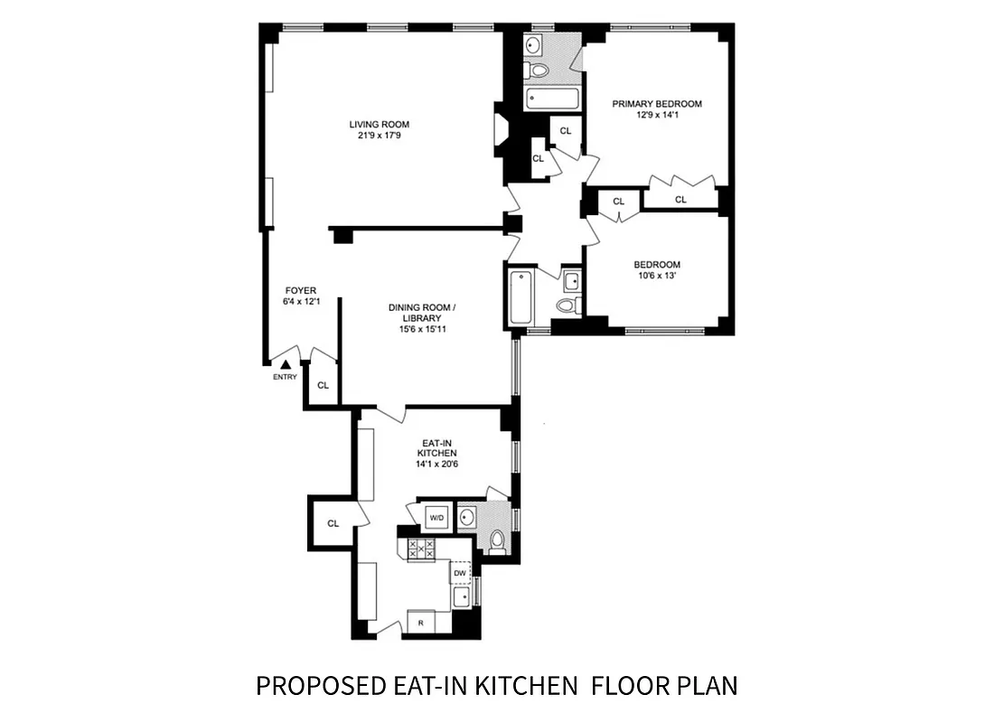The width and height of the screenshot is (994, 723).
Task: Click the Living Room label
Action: click(x=380, y=125)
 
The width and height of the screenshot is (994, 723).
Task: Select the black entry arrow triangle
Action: click(x=285, y=365)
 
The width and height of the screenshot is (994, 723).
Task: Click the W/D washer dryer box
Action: click(x=436, y=517)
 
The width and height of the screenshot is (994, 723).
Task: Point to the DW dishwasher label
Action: click(x=460, y=573)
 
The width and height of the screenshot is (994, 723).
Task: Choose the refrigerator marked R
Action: click(x=420, y=622)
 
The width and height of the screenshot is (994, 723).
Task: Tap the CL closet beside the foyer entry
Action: click(x=323, y=386)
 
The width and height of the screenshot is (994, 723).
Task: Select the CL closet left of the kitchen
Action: click(x=333, y=523)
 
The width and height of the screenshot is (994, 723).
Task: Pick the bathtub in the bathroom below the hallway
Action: click(x=522, y=297)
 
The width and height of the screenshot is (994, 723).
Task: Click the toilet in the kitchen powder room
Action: click(x=497, y=541)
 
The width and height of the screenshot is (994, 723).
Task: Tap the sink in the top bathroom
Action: click(x=533, y=45)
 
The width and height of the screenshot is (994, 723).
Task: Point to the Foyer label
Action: click(x=301, y=290)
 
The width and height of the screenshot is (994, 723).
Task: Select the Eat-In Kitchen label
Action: click(x=436, y=448)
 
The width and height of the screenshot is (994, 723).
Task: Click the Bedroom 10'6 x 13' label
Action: click(x=657, y=270)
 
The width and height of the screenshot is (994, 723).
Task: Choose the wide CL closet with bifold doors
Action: click(x=680, y=199)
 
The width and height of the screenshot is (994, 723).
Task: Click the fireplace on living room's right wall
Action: click(x=500, y=127)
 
